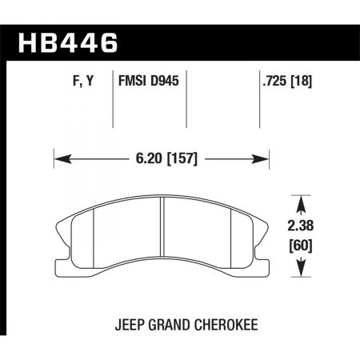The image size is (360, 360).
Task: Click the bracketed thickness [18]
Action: point(298,82)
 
